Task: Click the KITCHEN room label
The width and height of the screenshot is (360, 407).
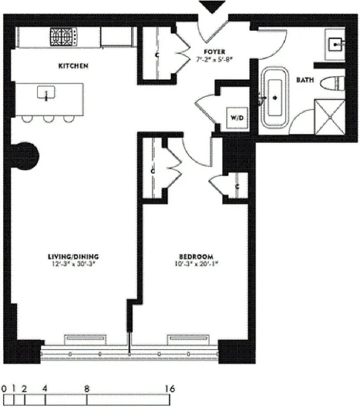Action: (x=74, y=66)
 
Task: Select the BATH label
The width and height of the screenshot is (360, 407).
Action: (x=306, y=80)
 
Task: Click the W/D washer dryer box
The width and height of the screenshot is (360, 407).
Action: (x=237, y=118)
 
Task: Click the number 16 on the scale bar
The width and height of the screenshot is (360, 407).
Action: (x=171, y=389)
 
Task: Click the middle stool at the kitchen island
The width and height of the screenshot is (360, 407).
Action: (x=48, y=119)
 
